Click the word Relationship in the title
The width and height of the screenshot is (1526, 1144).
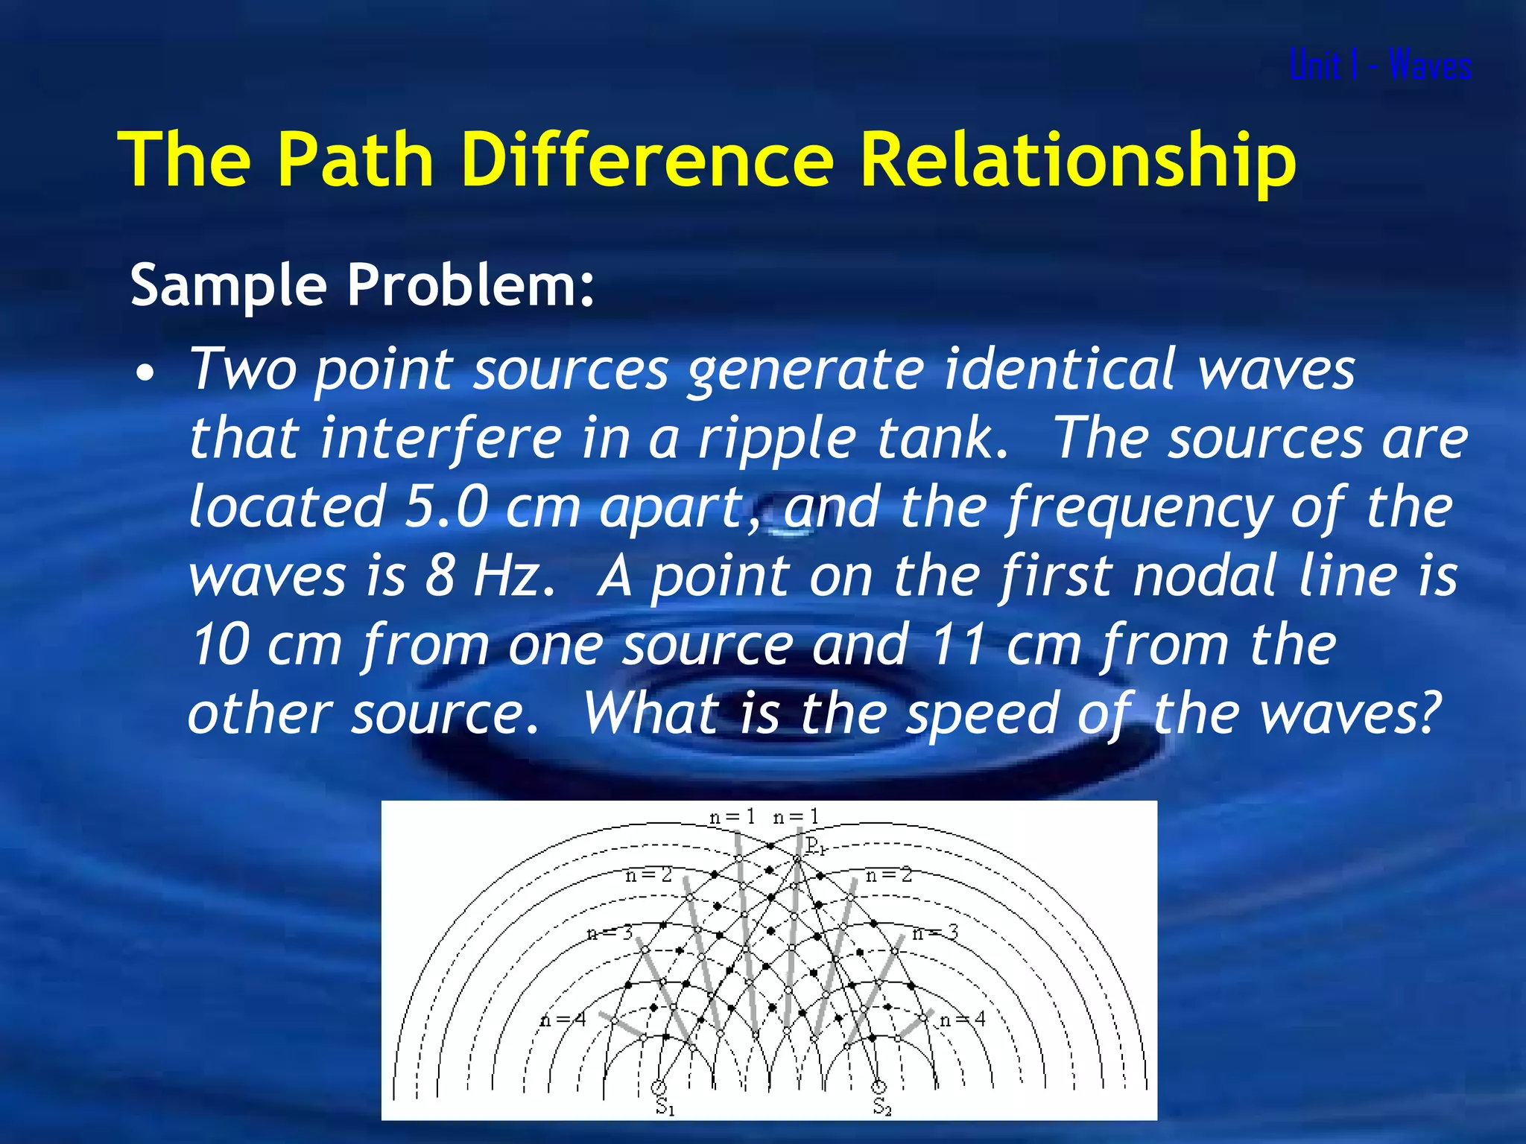click(x=1077, y=159)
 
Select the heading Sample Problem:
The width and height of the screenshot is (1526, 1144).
click(x=362, y=285)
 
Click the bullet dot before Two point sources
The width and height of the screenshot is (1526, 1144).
click(x=147, y=372)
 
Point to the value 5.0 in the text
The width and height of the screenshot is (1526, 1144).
click(x=446, y=507)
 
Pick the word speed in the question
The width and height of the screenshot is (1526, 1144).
click(x=981, y=714)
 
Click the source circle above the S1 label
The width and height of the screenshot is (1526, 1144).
click(x=659, y=1087)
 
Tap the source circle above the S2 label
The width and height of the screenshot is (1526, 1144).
click(x=879, y=1087)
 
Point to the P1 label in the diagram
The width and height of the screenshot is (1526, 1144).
click(x=815, y=846)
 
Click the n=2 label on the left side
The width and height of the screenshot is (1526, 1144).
click(x=648, y=875)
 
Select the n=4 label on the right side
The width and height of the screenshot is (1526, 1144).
click(x=963, y=1019)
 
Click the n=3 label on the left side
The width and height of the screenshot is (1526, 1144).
click(x=610, y=932)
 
